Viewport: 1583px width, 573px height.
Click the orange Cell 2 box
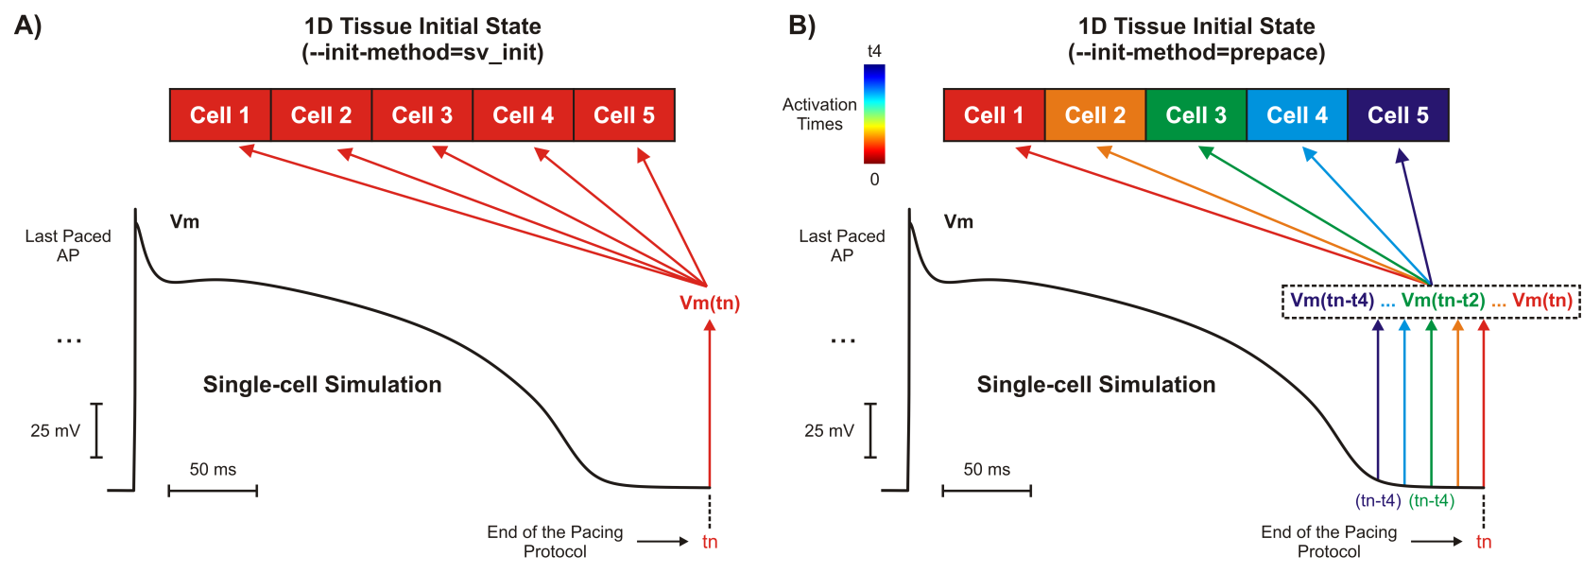pyautogui.click(x=1094, y=115)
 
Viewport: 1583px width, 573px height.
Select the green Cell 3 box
pyautogui.click(x=1196, y=115)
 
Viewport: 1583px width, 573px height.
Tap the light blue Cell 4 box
pyautogui.click(x=1297, y=115)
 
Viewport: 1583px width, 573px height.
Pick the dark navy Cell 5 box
pyautogui.click(x=1398, y=115)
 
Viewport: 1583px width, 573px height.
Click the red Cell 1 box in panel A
pyautogui.click(x=220, y=115)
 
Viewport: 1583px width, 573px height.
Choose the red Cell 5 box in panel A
pyautogui.click(x=624, y=115)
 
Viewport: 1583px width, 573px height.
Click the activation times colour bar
pyautogui.click(x=874, y=113)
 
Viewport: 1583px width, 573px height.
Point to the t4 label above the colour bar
pyautogui.click(x=874, y=51)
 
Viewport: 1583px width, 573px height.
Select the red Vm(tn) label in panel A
pyautogui.click(x=710, y=304)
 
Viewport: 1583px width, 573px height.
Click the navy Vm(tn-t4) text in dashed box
pyautogui.click(x=1332, y=301)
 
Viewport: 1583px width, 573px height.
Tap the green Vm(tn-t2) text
pyautogui.click(x=1442, y=301)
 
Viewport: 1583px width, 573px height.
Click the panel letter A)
pyautogui.click(x=28, y=26)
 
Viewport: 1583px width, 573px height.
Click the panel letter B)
pyautogui.click(x=801, y=26)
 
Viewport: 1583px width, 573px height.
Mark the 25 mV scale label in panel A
pyautogui.click(x=55, y=431)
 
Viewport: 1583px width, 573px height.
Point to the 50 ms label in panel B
pyautogui.click(x=987, y=470)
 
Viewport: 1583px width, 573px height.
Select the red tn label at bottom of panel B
pyautogui.click(x=1484, y=542)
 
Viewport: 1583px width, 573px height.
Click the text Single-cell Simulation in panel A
pyautogui.click(x=322, y=385)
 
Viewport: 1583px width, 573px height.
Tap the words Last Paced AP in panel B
pyautogui.click(x=841, y=246)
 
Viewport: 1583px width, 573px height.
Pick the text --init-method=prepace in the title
pyautogui.click(x=1196, y=53)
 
